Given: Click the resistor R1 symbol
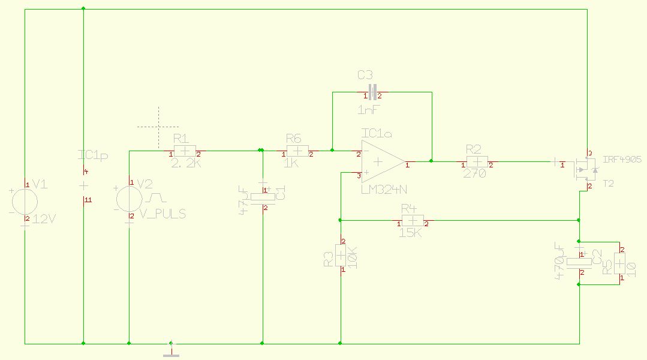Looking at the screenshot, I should click(x=185, y=151).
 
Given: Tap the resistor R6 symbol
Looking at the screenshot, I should click(x=297, y=151).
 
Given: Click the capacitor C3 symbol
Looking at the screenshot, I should click(x=372, y=92).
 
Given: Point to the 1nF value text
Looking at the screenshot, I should click(x=368, y=110).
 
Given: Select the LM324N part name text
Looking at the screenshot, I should click(x=384, y=190).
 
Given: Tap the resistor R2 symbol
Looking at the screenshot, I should click(x=477, y=162).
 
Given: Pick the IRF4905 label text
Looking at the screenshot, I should click(x=622, y=160).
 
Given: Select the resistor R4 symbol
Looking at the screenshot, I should click(x=412, y=221).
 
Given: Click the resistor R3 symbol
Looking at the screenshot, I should click(x=341, y=257).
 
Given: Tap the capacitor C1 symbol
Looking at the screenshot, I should click(x=262, y=197).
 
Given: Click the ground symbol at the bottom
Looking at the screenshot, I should click(x=171, y=352).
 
